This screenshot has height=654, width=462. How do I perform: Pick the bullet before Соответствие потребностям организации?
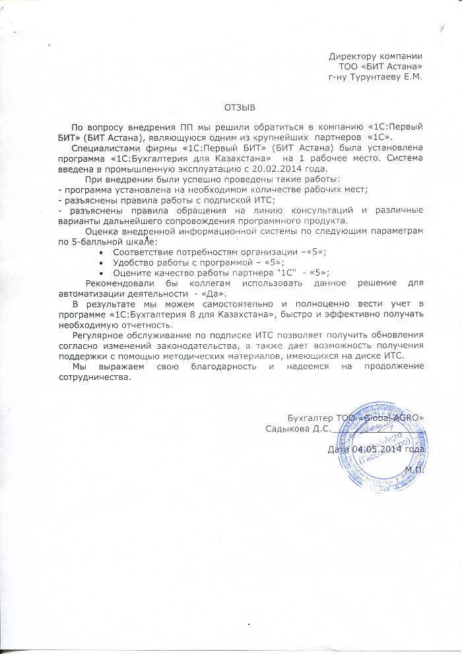tap(100, 253)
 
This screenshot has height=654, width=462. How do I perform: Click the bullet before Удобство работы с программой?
tap(100, 263)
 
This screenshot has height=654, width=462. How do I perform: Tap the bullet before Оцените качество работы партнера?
tap(100, 272)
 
